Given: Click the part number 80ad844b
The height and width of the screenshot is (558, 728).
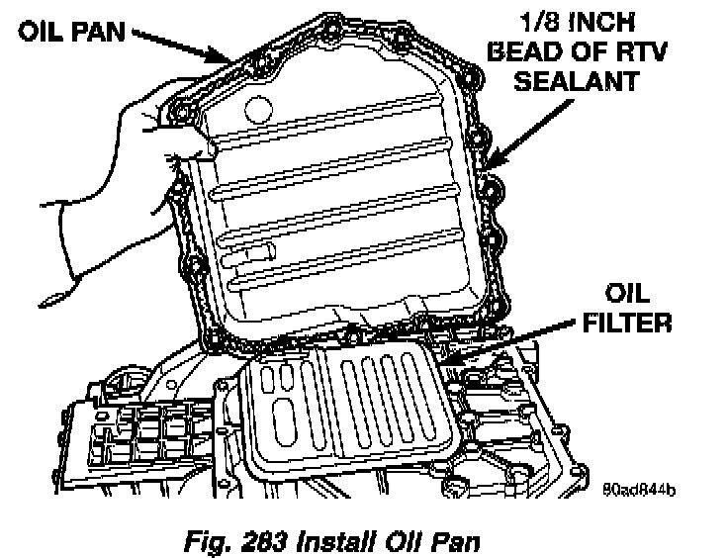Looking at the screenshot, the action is [644, 489].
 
